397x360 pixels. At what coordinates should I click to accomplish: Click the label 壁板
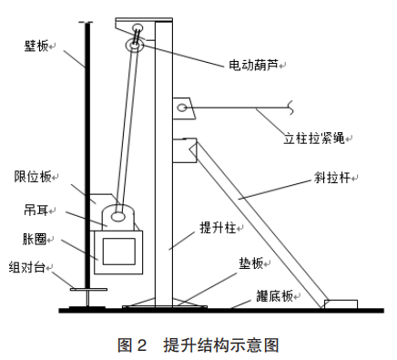click(36, 46)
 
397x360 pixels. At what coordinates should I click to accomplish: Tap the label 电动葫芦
click(253, 65)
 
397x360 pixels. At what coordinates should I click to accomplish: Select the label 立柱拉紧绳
click(314, 139)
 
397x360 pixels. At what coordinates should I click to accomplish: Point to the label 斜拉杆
click(332, 178)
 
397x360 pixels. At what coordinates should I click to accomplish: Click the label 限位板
click(33, 177)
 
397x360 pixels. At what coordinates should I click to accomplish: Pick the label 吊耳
click(36, 210)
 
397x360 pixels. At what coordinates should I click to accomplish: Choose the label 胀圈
click(35, 239)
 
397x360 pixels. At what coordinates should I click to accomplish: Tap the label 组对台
click(27, 267)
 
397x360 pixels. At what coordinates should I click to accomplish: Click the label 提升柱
click(218, 228)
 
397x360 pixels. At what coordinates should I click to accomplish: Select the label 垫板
click(250, 263)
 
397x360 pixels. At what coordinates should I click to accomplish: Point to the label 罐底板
click(274, 296)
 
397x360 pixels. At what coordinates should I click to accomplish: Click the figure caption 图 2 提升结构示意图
click(198, 345)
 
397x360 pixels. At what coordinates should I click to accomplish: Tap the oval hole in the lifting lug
click(117, 217)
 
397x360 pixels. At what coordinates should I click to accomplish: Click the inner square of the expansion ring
click(119, 252)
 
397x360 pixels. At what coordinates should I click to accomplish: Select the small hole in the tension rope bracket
click(182, 108)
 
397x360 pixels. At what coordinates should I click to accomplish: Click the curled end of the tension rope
click(290, 108)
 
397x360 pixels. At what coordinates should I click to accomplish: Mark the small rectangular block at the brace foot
click(341, 304)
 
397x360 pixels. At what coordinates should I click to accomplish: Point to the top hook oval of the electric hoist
click(137, 27)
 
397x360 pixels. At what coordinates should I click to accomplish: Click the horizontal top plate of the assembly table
click(88, 289)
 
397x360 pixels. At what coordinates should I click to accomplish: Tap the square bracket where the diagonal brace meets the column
click(185, 150)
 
